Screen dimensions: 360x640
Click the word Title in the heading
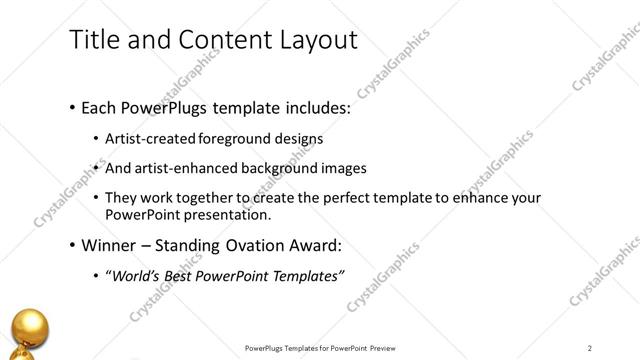91,39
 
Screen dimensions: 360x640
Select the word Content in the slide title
217,39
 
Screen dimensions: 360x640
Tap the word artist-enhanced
187,168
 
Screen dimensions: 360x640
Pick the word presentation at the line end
228,215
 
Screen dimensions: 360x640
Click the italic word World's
133,277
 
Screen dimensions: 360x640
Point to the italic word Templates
304,277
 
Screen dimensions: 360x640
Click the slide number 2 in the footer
590,348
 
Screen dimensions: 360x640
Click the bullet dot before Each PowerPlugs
73,107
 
